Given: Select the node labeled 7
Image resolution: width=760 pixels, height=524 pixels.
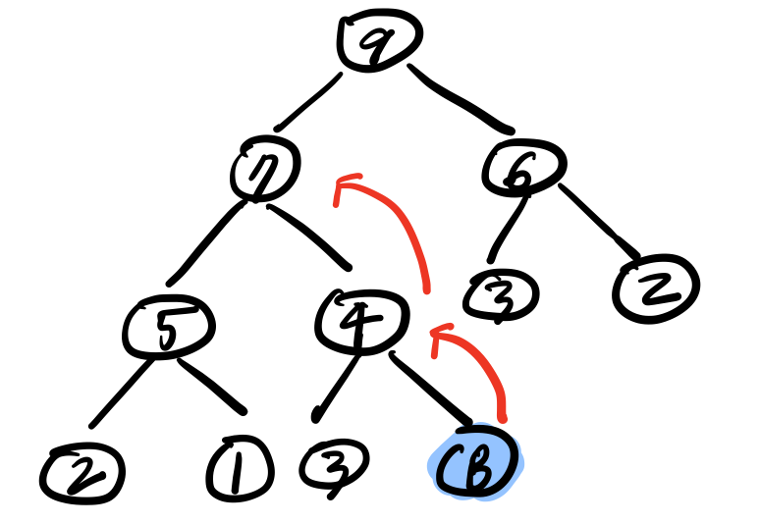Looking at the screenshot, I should point(266,172).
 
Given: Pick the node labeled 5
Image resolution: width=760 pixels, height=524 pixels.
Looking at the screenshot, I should point(169,327).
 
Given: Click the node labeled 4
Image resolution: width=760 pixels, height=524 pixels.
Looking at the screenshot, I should point(363,315).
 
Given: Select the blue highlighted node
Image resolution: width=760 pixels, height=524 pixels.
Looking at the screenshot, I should point(476,463).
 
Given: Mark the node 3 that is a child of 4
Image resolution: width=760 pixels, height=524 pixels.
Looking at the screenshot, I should point(333,462).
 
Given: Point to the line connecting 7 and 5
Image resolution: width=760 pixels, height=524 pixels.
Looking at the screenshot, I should point(206,241).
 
